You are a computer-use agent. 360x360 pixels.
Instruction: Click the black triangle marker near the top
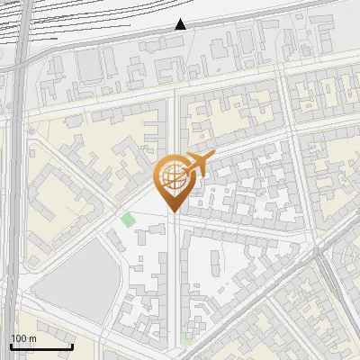click(181, 24)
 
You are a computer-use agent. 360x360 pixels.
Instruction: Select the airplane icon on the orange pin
click(200, 164)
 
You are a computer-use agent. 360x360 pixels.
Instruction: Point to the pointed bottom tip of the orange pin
click(173, 211)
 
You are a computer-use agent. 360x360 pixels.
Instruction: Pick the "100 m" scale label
click(23, 338)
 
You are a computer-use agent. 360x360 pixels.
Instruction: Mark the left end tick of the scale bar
click(11, 345)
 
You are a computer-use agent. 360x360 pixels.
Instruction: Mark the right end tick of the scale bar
click(72, 345)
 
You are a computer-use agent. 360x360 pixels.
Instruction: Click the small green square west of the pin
click(128, 219)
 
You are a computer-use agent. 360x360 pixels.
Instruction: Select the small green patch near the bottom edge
click(186, 339)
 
